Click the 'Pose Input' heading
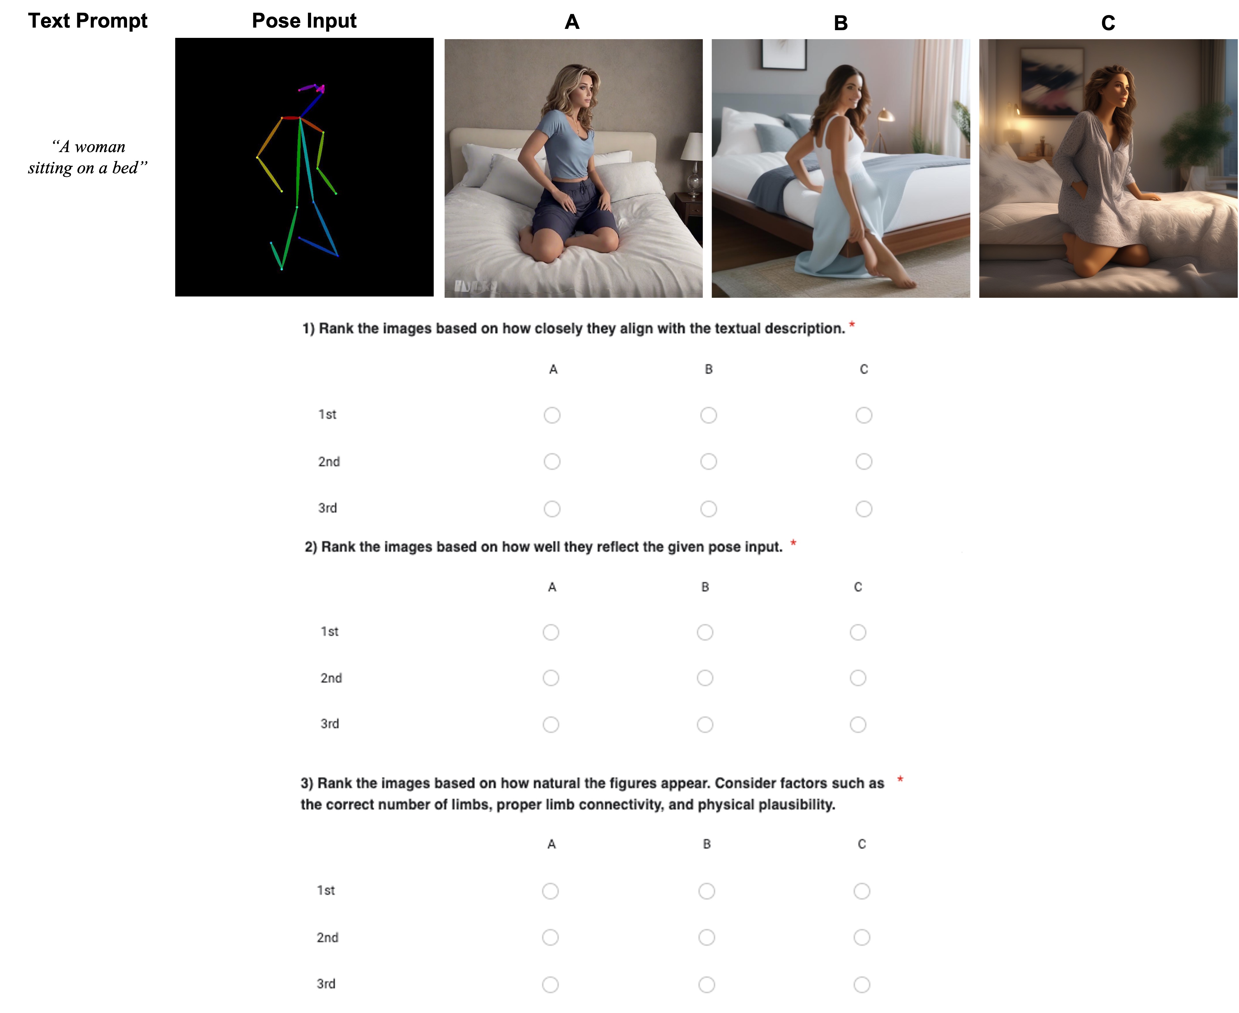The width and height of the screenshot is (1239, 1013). (304, 21)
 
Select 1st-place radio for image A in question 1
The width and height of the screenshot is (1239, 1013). (552, 415)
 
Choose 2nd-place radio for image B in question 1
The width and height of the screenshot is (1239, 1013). (708, 461)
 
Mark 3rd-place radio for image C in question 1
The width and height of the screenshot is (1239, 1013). (864, 509)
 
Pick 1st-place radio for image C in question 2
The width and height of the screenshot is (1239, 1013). (858, 632)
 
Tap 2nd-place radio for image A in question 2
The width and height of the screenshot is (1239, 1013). (551, 677)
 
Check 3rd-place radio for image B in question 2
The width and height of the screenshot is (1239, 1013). (705, 724)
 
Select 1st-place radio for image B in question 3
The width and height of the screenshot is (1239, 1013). (706, 891)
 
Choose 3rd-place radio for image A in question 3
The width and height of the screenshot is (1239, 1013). (550, 984)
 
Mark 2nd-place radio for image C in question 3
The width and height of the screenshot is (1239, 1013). (861, 937)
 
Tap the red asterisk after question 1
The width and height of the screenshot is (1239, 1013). (852, 324)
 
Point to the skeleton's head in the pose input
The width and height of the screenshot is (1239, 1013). (314, 88)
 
